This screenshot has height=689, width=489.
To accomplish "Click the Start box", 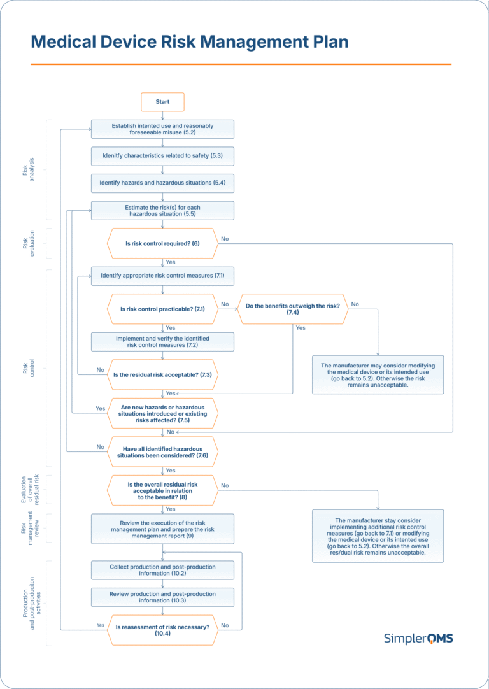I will [162, 102].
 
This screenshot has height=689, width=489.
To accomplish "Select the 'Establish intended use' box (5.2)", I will [162, 129].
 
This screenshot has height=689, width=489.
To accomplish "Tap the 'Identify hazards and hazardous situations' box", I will [162, 183].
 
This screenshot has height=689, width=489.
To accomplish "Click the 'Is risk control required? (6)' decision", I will [162, 243].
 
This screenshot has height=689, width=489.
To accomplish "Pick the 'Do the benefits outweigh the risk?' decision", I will [292, 309].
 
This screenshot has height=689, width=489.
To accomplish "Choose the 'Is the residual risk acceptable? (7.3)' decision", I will [162, 375].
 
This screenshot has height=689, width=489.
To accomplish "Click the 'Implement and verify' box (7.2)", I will [162, 342].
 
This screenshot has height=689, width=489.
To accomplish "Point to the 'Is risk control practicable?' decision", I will [162, 309].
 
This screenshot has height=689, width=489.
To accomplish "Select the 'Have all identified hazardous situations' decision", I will [162, 452].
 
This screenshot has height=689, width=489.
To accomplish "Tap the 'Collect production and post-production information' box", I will [162, 570].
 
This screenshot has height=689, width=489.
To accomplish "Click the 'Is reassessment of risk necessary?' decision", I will [162, 630].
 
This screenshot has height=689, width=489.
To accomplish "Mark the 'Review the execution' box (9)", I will [162, 529].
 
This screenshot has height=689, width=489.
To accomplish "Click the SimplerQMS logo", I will [418, 638].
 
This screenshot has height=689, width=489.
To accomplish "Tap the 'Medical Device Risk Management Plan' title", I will [190, 42].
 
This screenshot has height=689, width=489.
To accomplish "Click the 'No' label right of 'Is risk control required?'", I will [225, 239].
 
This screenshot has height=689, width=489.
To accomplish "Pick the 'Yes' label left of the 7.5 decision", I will [100, 408].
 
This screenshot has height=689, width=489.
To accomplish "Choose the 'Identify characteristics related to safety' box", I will [162, 156].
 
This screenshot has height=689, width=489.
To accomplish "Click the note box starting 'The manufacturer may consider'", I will [378, 375].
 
